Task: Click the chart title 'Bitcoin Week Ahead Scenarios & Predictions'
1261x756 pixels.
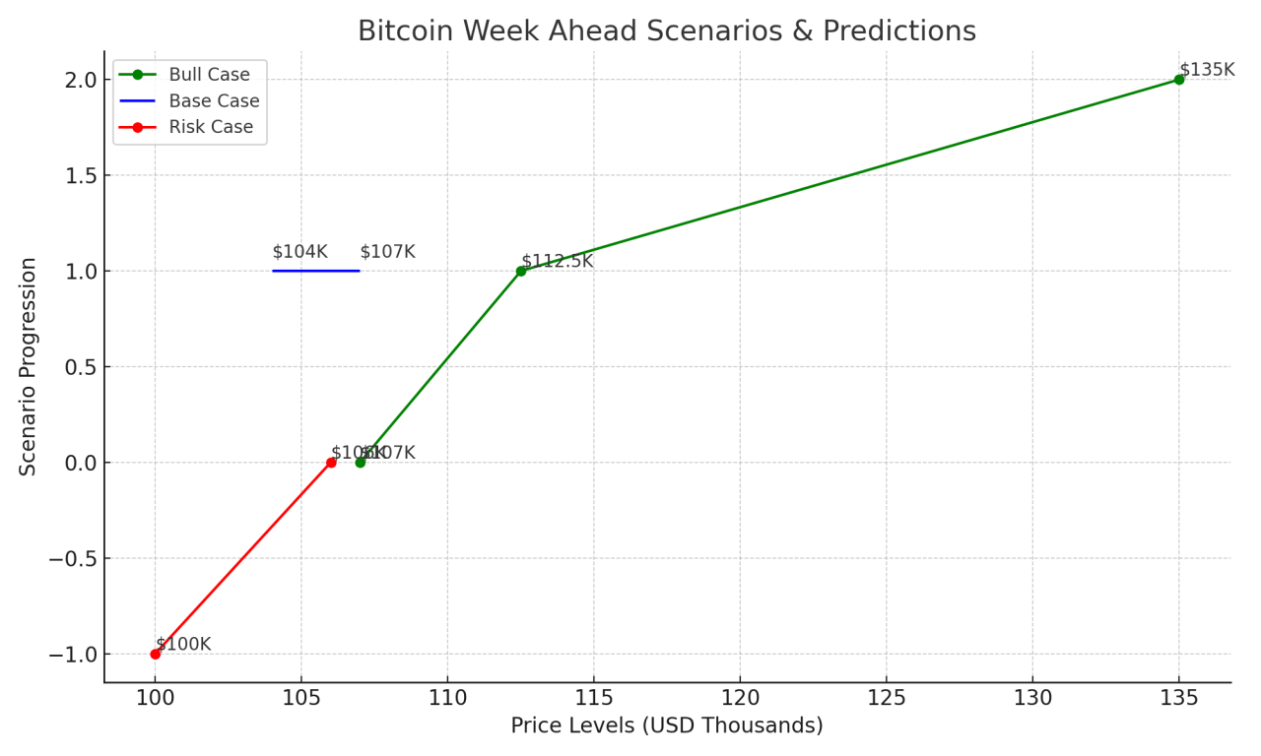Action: [x=666, y=31]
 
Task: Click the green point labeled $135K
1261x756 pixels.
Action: [x=1178, y=80]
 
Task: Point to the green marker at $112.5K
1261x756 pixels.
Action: [x=521, y=271]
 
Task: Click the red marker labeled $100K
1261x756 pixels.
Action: [x=155, y=654]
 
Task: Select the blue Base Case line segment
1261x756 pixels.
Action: [x=316, y=271]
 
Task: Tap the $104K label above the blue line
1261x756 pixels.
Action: [x=299, y=252]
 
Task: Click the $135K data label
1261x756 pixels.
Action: [x=1207, y=70]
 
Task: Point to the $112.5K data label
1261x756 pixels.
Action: [x=558, y=262]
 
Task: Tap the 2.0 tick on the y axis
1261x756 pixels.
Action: [x=79, y=80]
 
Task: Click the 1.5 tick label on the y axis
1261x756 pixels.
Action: [x=79, y=175]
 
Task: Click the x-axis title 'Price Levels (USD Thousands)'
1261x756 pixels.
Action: [x=666, y=726]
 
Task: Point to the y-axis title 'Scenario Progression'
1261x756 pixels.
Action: [x=29, y=366]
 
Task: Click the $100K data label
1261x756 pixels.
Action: [x=183, y=645]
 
